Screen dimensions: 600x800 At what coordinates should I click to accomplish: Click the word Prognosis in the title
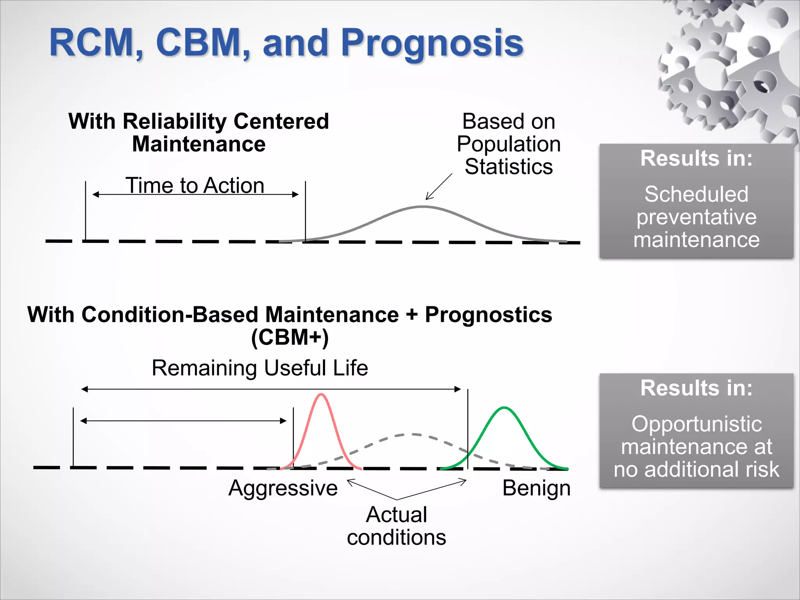[x=432, y=44]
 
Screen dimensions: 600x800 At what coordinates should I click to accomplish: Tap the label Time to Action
[x=195, y=185]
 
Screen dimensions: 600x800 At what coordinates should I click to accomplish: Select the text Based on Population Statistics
[x=509, y=144]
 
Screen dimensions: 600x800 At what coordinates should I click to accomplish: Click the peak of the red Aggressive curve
[x=321, y=395]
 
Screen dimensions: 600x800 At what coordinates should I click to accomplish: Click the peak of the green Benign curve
[x=504, y=408]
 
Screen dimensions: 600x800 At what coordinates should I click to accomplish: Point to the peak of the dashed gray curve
[x=412, y=434]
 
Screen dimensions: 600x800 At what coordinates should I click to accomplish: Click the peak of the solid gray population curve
[x=423, y=207]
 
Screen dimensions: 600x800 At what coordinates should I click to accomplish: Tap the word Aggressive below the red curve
[x=283, y=488]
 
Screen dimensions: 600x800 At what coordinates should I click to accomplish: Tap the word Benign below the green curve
[x=536, y=488]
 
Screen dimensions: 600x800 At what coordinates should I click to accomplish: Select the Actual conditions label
[x=396, y=526]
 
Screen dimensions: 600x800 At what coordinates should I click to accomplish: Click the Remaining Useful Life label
[x=260, y=368]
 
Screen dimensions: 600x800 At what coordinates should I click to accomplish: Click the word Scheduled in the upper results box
[x=696, y=194]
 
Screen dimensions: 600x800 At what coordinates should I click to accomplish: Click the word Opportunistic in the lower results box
[x=696, y=424]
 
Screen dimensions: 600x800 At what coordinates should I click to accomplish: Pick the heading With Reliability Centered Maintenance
[x=198, y=132]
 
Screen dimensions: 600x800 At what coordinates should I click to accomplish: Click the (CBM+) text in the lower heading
[x=289, y=337]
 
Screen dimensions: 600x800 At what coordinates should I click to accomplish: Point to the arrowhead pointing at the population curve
[x=428, y=197]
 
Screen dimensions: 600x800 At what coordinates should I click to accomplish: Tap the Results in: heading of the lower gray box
[x=696, y=388]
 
